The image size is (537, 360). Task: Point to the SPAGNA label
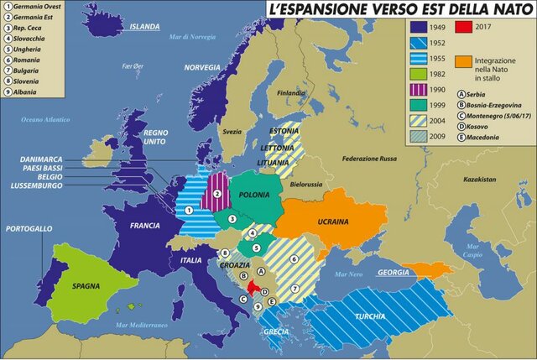point(86,285)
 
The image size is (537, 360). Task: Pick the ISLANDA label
point(143,26)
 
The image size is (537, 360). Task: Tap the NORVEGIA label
point(202,67)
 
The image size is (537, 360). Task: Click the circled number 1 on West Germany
point(189,210)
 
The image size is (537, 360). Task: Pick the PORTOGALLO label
point(29,228)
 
